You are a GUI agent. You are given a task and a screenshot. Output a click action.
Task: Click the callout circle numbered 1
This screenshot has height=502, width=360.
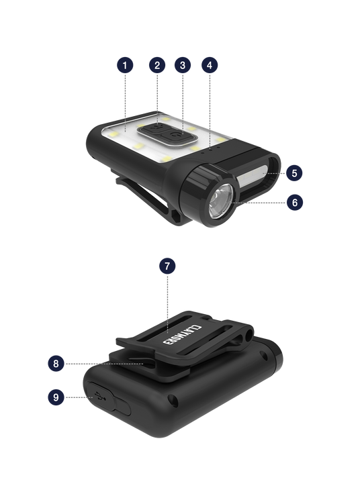tap(125, 65)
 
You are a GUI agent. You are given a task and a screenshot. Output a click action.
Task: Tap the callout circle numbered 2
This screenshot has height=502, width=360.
tap(157, 65)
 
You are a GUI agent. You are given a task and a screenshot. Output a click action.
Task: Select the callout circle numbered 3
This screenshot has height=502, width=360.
tap(183, 65)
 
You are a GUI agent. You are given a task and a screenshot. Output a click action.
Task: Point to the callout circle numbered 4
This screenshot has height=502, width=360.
tap(210, 65)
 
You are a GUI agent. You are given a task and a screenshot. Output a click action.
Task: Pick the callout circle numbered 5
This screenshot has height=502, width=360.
tap(294, 173)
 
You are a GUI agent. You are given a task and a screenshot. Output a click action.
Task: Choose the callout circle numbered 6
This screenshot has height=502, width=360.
tap(295, 202)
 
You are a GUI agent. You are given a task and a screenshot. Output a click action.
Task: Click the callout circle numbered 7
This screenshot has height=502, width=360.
tap(167, 266)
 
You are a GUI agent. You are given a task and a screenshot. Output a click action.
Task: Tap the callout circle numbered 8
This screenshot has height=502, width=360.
tap(56, 364)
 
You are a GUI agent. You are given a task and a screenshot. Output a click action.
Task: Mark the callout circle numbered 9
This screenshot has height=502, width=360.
tap(56, 397)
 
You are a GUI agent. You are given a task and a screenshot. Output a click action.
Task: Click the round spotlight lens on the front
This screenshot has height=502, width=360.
tap(221, 202)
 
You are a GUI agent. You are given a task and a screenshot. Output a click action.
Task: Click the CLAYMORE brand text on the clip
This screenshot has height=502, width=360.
tap(181, 335)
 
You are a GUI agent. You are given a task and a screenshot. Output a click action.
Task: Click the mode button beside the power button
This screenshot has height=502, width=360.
tap(154, 128)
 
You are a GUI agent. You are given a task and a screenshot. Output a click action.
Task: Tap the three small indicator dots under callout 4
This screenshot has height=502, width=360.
tap(210, 150)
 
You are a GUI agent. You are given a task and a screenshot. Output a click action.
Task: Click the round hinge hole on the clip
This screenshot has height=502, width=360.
tap(249, 336)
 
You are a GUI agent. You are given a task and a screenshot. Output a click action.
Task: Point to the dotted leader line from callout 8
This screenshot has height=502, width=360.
tap(104, 364)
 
